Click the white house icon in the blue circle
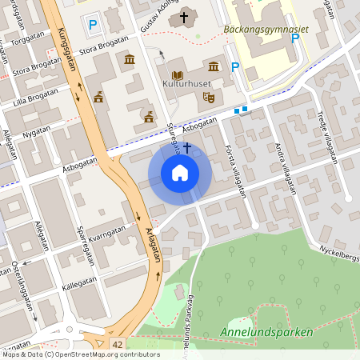click(180, 172)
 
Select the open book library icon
click(177, 74)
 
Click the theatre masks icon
click(209, 97)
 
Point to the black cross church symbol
click(185, 16)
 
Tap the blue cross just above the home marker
click(187, 147)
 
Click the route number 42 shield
click(118, 343)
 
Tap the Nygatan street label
click(37, 130)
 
